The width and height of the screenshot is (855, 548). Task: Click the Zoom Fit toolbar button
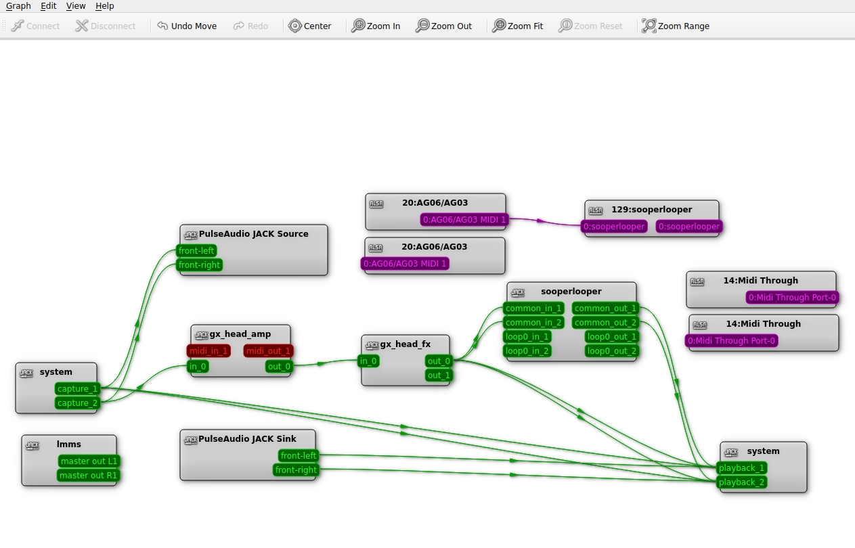coord(518,26)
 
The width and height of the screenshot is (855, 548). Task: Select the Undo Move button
coord(187,26)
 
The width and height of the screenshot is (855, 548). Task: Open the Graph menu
coord(18,5)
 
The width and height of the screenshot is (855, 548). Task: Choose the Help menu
coord(104,5)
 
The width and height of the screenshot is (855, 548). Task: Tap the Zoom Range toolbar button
coord(676,26)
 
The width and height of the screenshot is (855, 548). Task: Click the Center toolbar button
coord(310,26)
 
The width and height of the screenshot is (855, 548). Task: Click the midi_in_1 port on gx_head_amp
coord(208,350)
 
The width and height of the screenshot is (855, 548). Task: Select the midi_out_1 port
coord(268,350)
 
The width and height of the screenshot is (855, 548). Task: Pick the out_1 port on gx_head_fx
coord(439,375)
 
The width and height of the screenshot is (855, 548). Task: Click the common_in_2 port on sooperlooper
coord(533,323)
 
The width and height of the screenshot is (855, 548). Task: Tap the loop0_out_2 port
coord(611,351)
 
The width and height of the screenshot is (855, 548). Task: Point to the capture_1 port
coord(78,389)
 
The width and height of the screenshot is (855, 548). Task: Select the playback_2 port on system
coord(741,482)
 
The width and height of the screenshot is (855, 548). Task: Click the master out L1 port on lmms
coord(89,461)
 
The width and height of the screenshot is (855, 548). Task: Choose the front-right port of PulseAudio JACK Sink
coord(296,470)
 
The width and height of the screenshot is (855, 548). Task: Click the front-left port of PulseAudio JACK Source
coord(196,251)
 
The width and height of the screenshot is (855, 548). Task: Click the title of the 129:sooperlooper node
coord(651,210)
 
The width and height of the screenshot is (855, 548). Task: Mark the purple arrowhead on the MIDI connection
coord(540,221)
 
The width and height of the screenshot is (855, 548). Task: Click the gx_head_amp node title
coord(240,334)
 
